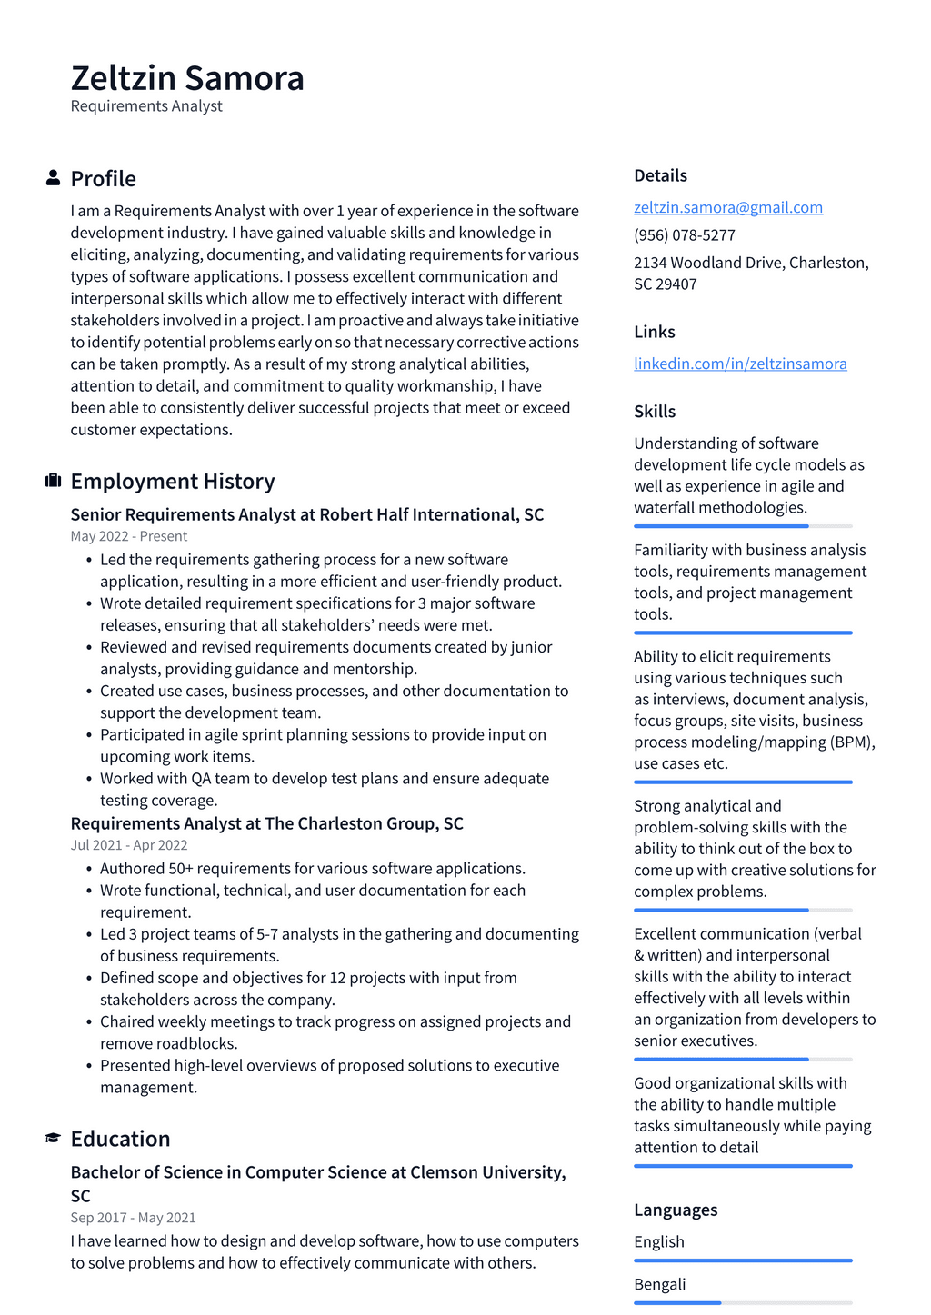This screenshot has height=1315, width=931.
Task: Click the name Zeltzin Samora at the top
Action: tap(187, 78)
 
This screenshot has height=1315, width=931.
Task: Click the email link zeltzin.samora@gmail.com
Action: tap(727, 207)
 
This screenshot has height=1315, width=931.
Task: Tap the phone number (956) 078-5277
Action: tap(684, 235)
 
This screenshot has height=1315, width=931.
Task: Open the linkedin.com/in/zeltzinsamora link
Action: tap(740, 364)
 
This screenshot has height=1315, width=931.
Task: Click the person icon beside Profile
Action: tap(53, 178)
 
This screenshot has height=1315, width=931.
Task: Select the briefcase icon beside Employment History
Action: tap(53, 481)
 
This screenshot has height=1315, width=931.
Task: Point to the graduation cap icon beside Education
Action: tap(53, 1139)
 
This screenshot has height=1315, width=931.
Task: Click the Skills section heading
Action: tap(655, 412)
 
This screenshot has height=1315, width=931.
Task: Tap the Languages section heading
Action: tap(675, 1210)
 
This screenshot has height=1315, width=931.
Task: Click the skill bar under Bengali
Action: tap(743, 1302)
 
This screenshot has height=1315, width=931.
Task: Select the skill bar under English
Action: tap(743, 1260)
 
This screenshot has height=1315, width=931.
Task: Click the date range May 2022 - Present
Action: tap(129, 536)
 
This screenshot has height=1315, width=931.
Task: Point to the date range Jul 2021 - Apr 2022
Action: tap(129, 845)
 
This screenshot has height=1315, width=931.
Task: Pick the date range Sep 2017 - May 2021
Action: tap(133, 1218)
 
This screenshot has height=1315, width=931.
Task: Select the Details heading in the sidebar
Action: tap(660, 175)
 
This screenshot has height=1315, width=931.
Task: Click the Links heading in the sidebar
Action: tap(654, 332)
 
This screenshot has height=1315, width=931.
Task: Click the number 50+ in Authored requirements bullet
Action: tap(180, 869)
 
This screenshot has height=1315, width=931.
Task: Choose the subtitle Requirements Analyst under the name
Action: tap(146, 106)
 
